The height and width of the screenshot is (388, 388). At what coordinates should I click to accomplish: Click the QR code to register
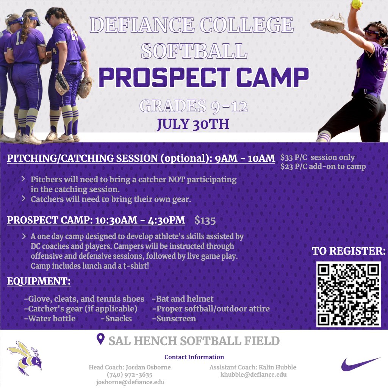(x=348, y=294)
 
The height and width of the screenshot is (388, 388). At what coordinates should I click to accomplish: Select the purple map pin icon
(x=100, y=339)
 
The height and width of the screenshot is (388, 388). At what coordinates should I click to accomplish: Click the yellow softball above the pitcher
(x=356, y=4)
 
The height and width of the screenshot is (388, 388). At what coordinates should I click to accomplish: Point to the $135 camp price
(x=205, y=220)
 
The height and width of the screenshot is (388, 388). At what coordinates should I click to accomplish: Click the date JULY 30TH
(x=193, y=124)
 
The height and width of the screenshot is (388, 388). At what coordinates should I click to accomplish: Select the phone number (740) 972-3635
(x=130, y=374)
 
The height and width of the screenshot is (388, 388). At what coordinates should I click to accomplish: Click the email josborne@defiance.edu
(x=130, y=382)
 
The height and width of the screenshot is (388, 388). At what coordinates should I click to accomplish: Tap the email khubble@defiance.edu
(x=253, y=374)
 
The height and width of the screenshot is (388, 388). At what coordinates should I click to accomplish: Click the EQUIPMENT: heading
(x=39, y=282)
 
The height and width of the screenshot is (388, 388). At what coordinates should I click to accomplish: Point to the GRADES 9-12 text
(x=193, y=106)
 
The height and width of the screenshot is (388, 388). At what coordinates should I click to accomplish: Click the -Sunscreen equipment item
(x=174, y=319)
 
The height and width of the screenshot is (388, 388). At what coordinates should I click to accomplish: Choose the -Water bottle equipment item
(x=50, y=319)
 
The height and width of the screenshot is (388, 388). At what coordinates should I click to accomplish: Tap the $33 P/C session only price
(x=318, y=158)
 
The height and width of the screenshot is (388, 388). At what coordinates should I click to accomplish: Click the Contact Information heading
(x=194, y=357)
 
